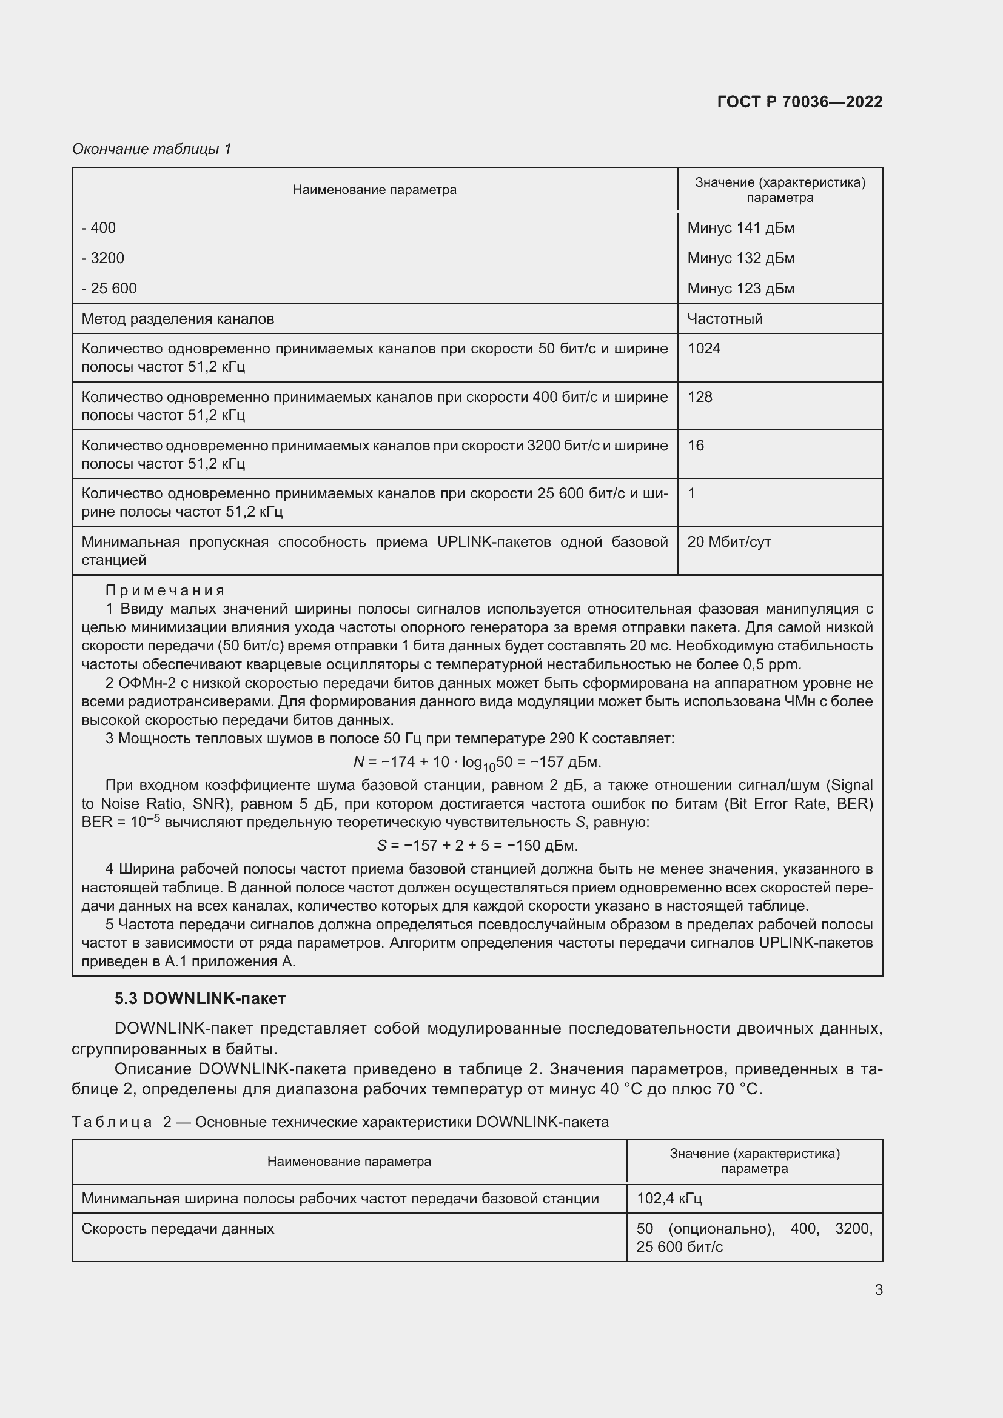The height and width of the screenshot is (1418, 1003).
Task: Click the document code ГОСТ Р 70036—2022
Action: pyautogui.click(x=799, y=102)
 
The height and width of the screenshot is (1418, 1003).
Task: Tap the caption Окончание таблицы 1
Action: pyautogui.click(x=152, y=149)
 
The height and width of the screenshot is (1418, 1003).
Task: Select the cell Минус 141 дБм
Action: pyautogui.click(x=740, y=228)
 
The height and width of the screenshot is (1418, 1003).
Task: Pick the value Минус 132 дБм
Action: pyautogui.click(x=740, y=258)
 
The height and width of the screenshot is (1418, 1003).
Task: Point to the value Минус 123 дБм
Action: pyautogui.click(x=740, y=289)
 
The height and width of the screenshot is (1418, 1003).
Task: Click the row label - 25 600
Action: pyautogui.click(x=109, y=289)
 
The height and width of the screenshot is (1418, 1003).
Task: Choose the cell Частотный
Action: pyautogui.click(x=725, y=319)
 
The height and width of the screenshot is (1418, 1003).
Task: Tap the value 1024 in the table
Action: pyautogui.click(x=704, y=349)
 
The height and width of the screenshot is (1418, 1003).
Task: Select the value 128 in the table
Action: pyautogui.click(x=700, y=396)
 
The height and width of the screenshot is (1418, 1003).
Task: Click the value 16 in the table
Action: pyautogui.click(x=696, y=446)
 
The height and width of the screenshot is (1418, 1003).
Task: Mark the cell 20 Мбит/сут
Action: pyautogui.click(x=729, y=541)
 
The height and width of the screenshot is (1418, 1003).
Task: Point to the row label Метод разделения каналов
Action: pyautogui.click(x=178, y=319)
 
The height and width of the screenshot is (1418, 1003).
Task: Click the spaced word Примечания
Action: pyautogui.click(x=165, y=590)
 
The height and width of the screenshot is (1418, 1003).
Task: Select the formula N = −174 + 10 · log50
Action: pyautogui.click(x=477, y=763)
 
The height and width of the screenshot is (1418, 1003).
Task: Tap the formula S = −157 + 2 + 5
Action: pyautogui.click(x=477, y=846)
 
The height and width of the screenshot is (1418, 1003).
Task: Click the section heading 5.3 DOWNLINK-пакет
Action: pyautogui.click(x=200, y=998)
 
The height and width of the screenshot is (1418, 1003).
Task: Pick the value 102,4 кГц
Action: pyautogui.click(x=669, y=1199)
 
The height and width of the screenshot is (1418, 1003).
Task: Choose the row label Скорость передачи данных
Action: pyautogui.click(x=178, y=1229)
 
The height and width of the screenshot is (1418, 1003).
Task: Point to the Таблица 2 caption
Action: pyautogui.click(x=340, y=1122)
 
